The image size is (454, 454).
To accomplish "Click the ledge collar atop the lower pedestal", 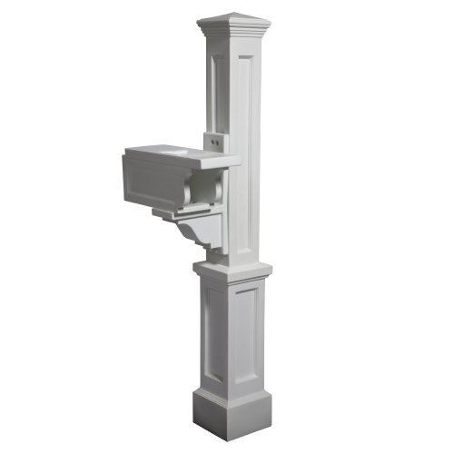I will (232, 270).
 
